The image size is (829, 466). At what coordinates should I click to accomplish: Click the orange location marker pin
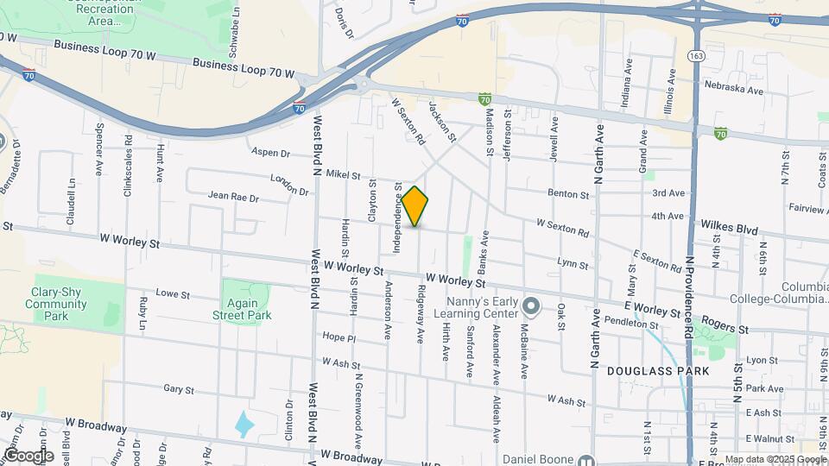(415, 206)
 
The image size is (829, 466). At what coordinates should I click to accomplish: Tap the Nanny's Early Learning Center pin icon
(532, 306)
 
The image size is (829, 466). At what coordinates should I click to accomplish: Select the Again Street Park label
(242, 309)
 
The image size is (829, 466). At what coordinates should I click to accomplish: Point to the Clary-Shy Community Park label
(56, 304)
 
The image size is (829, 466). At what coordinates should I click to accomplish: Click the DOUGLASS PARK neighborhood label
(658, 371)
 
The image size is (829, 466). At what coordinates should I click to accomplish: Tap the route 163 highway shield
(694, 55)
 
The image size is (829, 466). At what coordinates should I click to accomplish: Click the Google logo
(28, 455)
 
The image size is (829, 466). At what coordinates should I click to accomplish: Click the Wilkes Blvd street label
(729, 230)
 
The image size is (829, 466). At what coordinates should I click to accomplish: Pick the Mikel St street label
(343, 175)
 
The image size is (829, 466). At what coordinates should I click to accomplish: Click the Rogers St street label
(724, 328)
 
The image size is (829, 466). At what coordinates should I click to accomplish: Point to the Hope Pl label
(339, 337)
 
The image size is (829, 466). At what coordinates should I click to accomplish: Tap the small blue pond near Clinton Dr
(245, 424)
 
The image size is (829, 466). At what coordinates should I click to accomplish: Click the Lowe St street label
(173, 294)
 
